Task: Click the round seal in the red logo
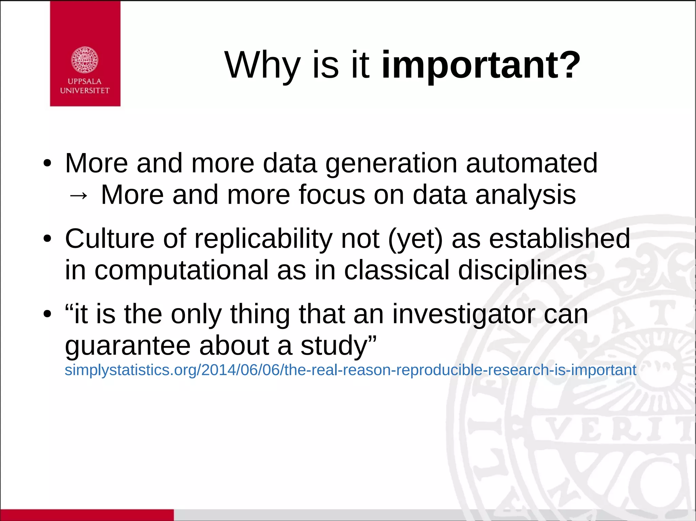point(85,60)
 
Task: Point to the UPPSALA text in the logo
point(85,81)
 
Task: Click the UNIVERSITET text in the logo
point(85,91)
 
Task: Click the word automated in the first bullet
point(532,163)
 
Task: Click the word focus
point(332,195)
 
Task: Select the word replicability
point(263,239)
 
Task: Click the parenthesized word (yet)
point(415,239)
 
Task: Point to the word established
point(559,238)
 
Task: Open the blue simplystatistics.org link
point(350,370)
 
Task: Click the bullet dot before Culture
point(47,239)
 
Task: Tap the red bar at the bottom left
point(87,515)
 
